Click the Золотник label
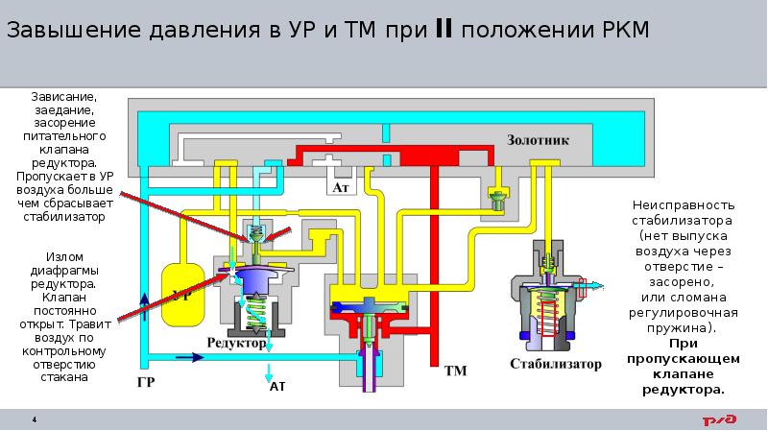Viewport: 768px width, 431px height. point(538,139)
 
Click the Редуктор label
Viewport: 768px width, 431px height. point(234,342)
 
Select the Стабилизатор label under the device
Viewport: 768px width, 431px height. point(556,364)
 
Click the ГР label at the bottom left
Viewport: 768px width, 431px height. point(144,382)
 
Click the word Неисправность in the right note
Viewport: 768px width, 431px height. point(684,205)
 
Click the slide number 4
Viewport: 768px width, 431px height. point(35,419)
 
